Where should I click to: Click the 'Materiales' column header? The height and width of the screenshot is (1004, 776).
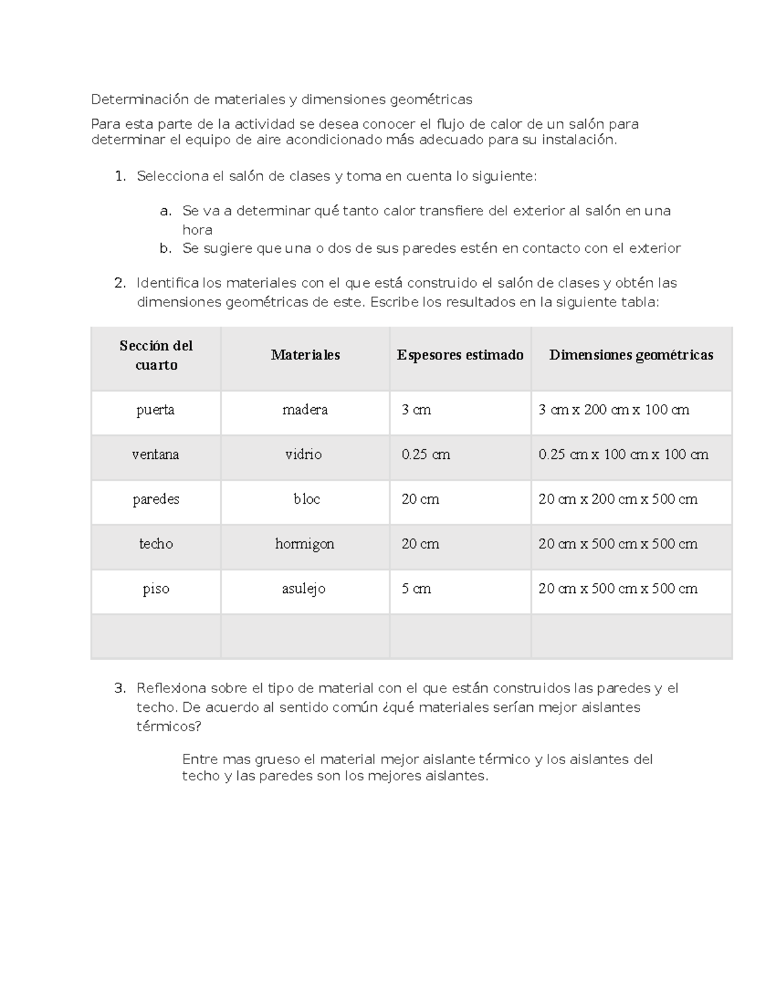tap(305, 355)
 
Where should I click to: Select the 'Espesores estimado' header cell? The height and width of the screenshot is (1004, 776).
tap(460, 355)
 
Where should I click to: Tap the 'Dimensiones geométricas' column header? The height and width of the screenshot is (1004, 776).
tap(630, 355)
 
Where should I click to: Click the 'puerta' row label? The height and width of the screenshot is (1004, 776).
tap(155, 410)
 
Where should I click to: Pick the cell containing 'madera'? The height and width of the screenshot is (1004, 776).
tap(305, 410)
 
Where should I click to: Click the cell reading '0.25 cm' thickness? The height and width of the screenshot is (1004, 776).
tap(426, 454)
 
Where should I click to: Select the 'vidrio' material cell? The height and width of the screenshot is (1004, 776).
tap(303, 454)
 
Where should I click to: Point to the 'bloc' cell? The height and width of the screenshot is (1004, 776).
tap(307, 499)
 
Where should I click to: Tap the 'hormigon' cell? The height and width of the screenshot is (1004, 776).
tap(305, 544)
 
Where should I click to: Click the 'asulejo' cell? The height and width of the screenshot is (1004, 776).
tap(303, 589)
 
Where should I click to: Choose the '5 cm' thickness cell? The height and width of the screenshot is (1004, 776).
tap(416, 589)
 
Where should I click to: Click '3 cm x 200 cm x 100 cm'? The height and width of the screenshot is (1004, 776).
tap(614, 410)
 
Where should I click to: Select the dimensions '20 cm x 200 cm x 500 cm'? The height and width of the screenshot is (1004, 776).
tap(618, 499)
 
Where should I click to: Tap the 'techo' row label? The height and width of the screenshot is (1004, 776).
tap(156, 544)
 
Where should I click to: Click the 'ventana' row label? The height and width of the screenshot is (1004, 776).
tap(155, 454)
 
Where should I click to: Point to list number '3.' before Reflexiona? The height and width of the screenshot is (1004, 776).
tap(119, 688)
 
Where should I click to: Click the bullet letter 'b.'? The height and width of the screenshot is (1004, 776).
tap(166, 248)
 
